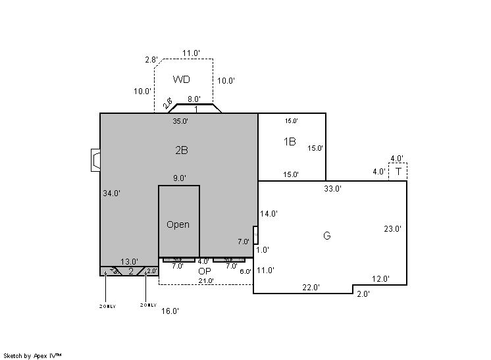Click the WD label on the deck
click(x=182, y=80)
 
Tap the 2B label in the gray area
click(x=182, y=150)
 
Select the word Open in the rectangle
click(x=178, y=224)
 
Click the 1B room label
click(x=290, y=141)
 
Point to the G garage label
click(x=326, y=236)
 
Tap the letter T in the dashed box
click(x=398, y=172)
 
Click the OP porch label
click(x=204, y=270)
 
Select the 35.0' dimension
click(x=180, y=121)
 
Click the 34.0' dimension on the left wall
click(x=111, y=193)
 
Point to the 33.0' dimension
click(x=332, y=189)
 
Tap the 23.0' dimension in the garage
click(x=392, y=229)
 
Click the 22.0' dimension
click(x=311, y=287)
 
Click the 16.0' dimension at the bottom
click(x=170, y=311)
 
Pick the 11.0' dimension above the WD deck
click(x=191, y=53)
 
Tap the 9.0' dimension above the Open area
click(x=179, y=178)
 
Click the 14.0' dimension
click(x=269, y=214)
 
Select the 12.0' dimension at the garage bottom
click(x=380, y=279)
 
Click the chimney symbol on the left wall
click(x=95, y=161)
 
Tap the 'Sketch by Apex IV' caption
click(x=32, y=355)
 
